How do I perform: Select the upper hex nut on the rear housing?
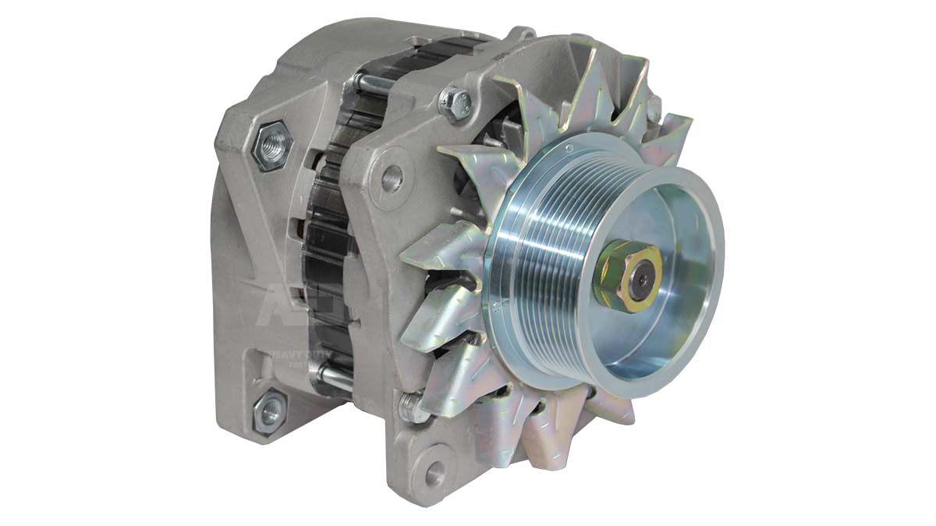pos(273,143)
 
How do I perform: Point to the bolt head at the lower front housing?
pos(412,407)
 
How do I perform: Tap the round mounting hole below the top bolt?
pos(392,179)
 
